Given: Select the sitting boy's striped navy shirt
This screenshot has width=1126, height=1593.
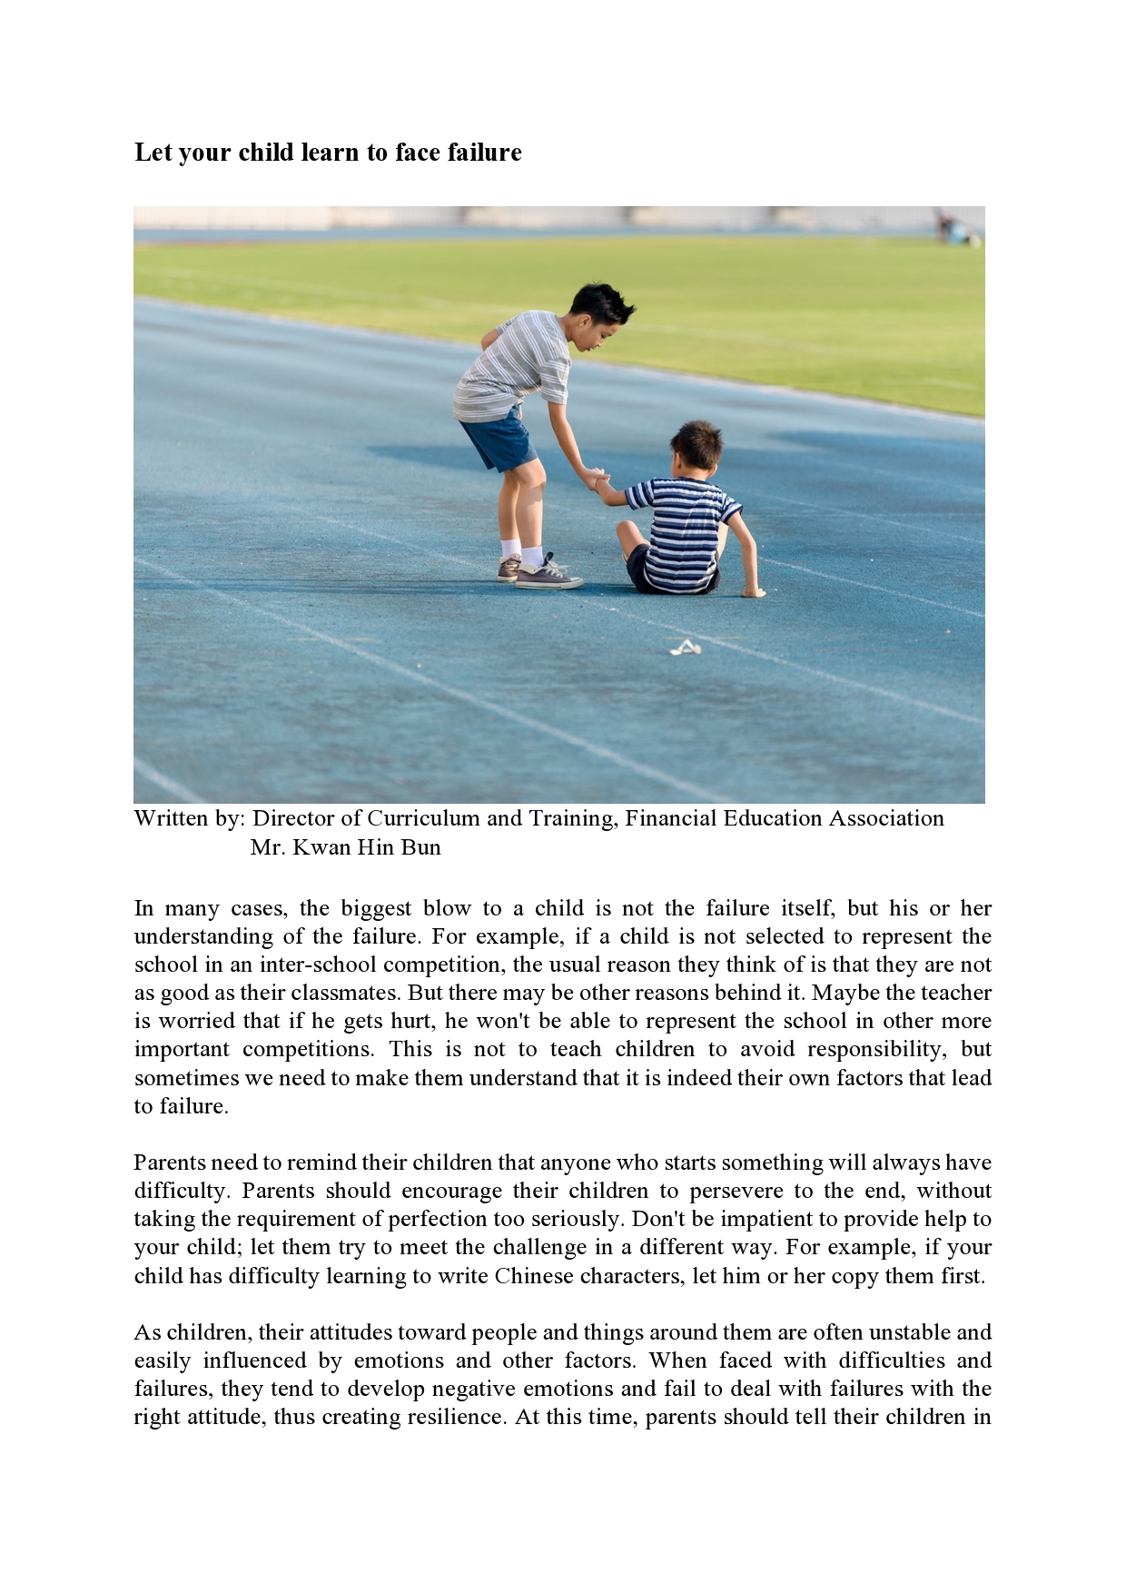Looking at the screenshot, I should (x=682, y=532).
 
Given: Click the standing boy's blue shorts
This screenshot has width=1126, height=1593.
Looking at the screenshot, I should (x=499, y=441).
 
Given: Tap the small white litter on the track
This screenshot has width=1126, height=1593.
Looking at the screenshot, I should (x=686, y=648).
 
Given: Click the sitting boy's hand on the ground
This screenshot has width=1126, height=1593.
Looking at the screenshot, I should (x=754, y=592).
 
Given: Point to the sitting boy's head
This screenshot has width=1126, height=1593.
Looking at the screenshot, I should (x=696, y=448).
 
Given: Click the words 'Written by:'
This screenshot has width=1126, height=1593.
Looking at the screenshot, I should (x=189, y=818).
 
